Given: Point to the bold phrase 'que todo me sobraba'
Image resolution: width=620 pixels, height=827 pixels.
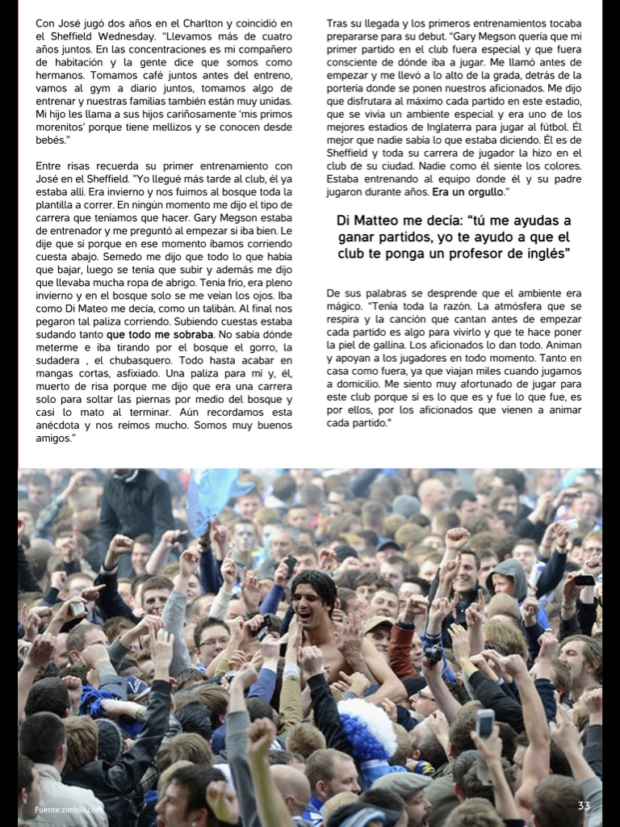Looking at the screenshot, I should pos(160,334).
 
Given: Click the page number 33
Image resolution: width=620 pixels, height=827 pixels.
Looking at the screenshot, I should pos(584,806).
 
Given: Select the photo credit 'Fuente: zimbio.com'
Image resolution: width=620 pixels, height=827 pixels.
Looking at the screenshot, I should pos(68,810).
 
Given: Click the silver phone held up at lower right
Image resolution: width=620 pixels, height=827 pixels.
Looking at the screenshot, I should pos(485,723).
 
